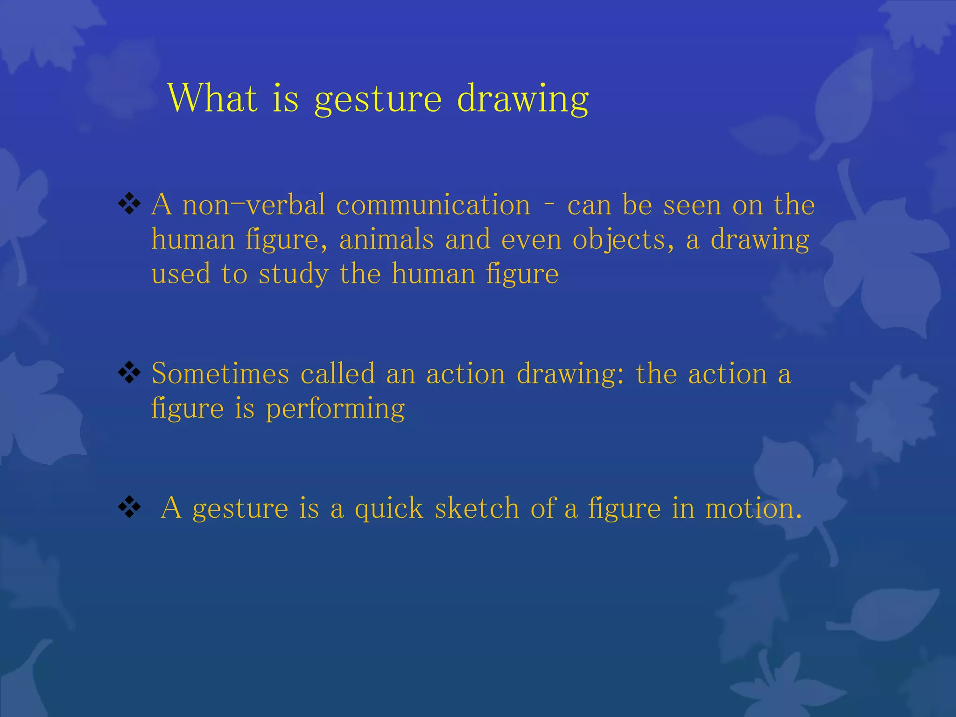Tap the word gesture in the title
tap(378, 100)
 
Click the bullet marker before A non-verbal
tap(129, 204)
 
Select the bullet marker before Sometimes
tap(129, 373)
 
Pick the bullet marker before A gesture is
tap(129, 507)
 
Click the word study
tap(294, 274)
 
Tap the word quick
tap(389, 509)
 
